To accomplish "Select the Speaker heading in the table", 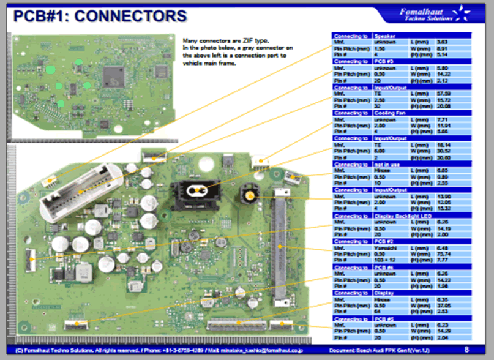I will click(x=385, y=36).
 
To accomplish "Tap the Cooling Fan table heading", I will click(x=392, y=113).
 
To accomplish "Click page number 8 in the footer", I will click(x=466, y=350).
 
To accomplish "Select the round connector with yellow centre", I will click(x=249, y=196).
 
